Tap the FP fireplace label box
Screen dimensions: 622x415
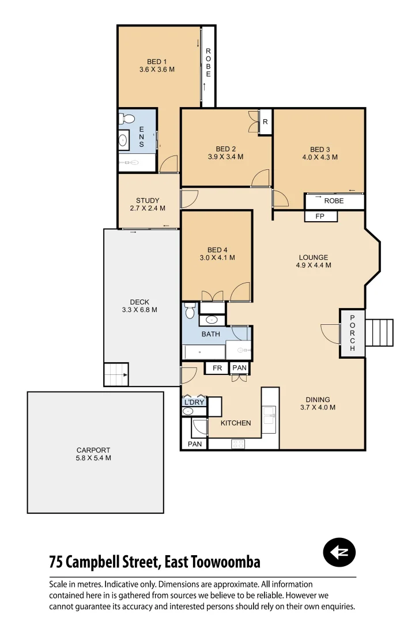tap(321, 217)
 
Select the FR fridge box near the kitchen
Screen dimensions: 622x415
tap(217, 368)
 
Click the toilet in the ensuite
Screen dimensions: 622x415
tap(127, 119)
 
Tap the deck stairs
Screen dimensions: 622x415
tap(116, 374)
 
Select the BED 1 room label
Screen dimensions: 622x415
tap(157, 62)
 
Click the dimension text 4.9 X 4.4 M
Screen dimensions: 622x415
tap(314, 266)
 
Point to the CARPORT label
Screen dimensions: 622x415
tap(93, 450)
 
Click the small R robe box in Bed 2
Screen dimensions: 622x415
tap(265, 122)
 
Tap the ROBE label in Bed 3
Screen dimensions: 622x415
tap(334, 201)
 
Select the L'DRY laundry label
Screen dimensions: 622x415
tap(194, 402)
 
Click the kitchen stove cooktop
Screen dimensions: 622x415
tap(237, 443)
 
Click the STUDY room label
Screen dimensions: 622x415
tap(148, 200)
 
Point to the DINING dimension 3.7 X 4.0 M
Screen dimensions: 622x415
tap(318, 407)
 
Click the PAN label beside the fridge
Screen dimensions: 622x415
tap(239, 368)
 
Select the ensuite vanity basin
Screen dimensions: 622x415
tap(123, 140)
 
